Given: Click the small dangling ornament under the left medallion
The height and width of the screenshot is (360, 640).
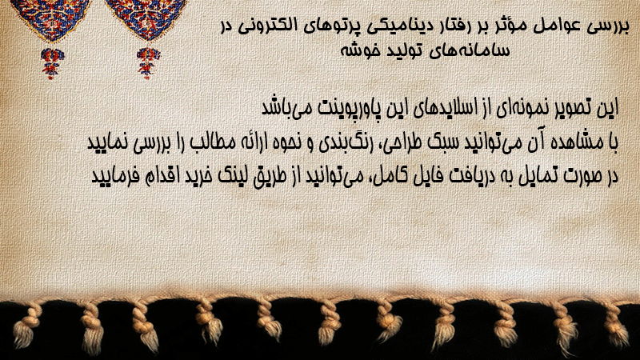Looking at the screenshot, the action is (51, 63).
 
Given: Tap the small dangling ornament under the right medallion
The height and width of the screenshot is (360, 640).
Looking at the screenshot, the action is (148, 63).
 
